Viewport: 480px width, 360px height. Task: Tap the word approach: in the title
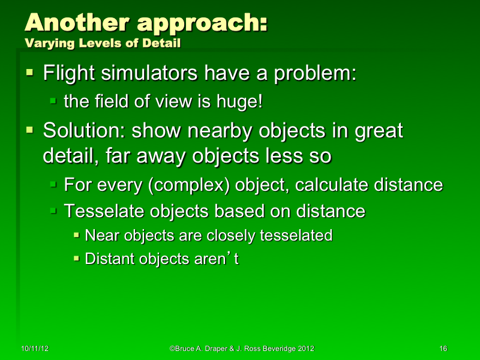click(x=202, y=24)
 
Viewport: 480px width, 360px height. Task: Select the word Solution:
click(x=84, y=130)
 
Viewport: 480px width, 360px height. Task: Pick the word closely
click(x=230, y=236)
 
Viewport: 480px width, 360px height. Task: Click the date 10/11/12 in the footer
click(x=34, y=349)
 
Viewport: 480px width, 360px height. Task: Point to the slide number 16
click(x=443, y=349)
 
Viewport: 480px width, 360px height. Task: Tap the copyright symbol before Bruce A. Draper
click(x=172, y=349)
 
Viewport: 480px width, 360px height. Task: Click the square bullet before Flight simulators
click(x=29, y=73)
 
